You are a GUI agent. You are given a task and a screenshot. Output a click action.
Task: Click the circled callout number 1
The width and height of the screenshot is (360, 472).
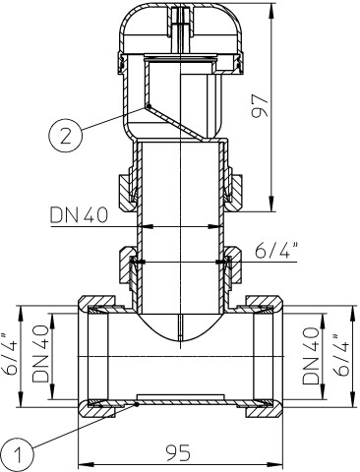pos(18,455)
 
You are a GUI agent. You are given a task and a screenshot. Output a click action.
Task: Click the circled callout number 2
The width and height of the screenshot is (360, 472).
pos(65,136)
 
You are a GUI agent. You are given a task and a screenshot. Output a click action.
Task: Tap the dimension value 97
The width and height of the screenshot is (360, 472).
pos(260,106)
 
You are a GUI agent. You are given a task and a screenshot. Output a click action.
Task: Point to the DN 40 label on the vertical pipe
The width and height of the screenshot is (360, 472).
pos(79,215)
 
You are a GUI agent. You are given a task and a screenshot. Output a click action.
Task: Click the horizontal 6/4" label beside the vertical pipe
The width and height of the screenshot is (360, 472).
pos(276,252)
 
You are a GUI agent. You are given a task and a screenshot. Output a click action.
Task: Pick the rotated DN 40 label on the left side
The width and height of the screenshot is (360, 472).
pos(40,353)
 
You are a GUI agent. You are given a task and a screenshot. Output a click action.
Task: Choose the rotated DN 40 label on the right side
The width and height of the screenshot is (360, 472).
pos(311,356)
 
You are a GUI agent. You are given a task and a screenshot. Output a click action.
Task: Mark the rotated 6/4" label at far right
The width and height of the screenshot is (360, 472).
pos(341,355)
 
